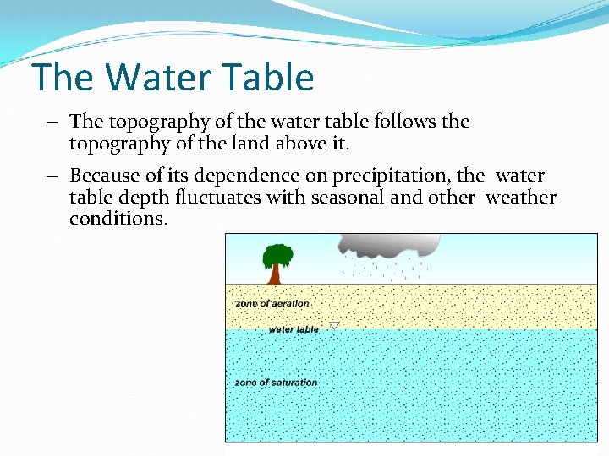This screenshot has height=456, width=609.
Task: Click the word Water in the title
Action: [151, 78]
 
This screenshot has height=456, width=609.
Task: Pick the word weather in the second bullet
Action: [521, 198]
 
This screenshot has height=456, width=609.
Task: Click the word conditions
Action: [118, 219]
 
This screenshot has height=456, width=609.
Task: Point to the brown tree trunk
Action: [275, 274]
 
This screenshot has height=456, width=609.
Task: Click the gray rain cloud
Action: [389, 245]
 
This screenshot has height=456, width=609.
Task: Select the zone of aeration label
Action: [272, 303]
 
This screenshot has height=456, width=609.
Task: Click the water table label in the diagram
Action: [294, 329]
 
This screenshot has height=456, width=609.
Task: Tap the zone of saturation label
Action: [276, 383]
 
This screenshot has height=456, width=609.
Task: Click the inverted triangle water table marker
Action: [334, 325]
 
